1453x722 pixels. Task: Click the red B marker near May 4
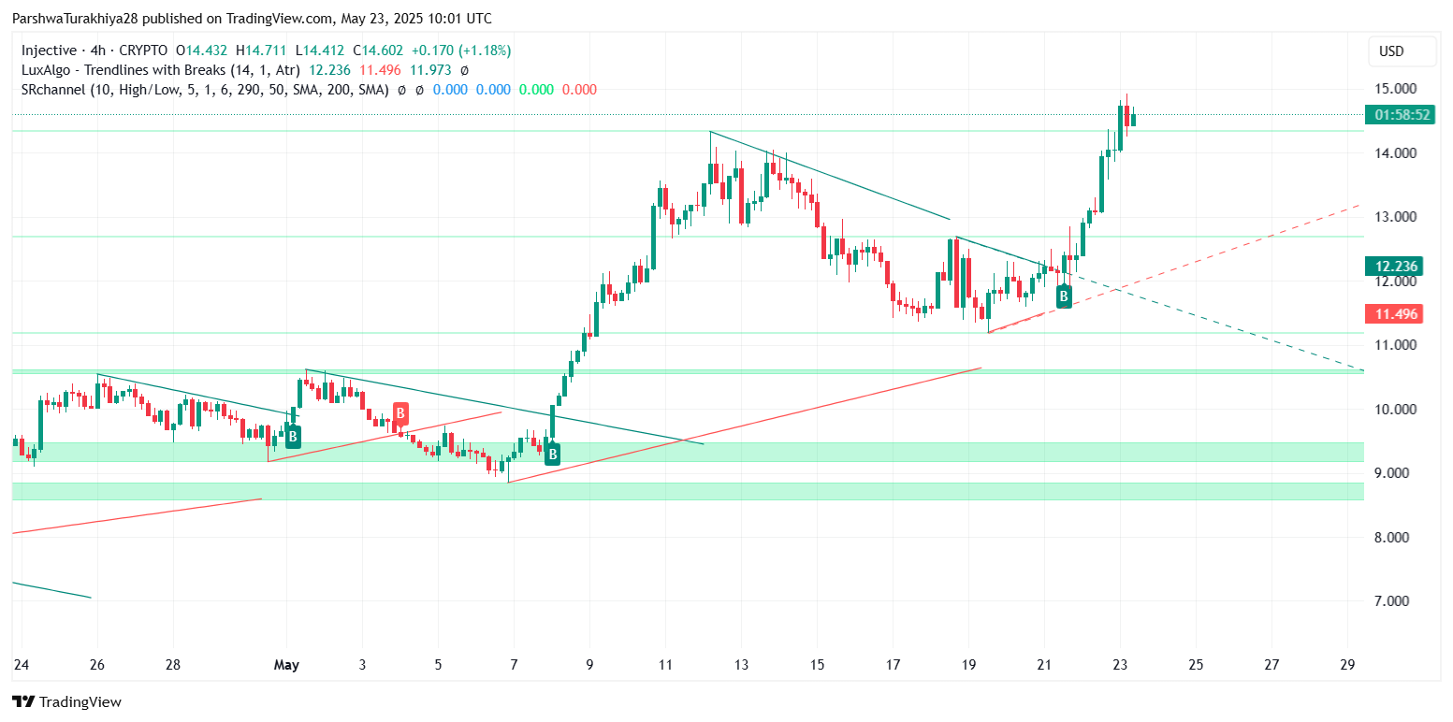pos(400,412)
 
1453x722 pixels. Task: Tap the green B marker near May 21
pos(1064,296)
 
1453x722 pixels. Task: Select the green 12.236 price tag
pos(1392,267)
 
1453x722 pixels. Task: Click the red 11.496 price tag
pos(1392,314)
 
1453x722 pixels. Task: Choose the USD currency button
pos(1391,51)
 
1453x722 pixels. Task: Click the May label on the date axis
pos(286,665)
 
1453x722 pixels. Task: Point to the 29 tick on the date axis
pos(1347,665)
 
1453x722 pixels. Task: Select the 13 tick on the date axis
pos(741,665)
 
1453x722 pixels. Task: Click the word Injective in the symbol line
pos(48,51)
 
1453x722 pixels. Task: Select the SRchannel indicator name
pos(55,90)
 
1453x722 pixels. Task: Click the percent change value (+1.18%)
pos(482,51)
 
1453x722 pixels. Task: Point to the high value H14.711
pos(265,51)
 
